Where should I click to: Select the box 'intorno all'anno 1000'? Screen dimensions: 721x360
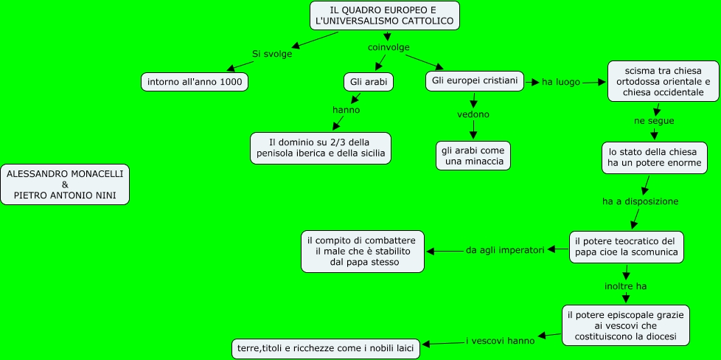195,82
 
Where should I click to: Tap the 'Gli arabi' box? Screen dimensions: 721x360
368,81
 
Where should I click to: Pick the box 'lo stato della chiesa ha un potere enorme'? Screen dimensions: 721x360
654,157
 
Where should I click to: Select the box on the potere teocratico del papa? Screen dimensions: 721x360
626,247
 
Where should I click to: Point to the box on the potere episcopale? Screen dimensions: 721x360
626,325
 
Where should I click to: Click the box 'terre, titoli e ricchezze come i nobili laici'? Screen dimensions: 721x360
327,347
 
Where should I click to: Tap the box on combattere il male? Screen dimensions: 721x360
363,251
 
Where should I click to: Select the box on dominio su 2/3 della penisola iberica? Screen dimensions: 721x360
321,148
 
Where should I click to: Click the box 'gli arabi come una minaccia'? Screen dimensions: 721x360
473,155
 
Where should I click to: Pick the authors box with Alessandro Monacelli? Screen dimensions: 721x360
65,184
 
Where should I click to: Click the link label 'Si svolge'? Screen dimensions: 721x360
272,54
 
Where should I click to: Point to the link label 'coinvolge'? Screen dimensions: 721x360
389,47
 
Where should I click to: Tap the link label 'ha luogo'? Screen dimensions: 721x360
561,82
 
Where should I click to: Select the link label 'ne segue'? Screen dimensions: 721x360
654,120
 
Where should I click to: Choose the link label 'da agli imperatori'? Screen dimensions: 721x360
505,250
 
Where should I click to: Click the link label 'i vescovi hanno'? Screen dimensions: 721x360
500,341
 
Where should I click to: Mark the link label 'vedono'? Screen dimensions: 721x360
473,114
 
